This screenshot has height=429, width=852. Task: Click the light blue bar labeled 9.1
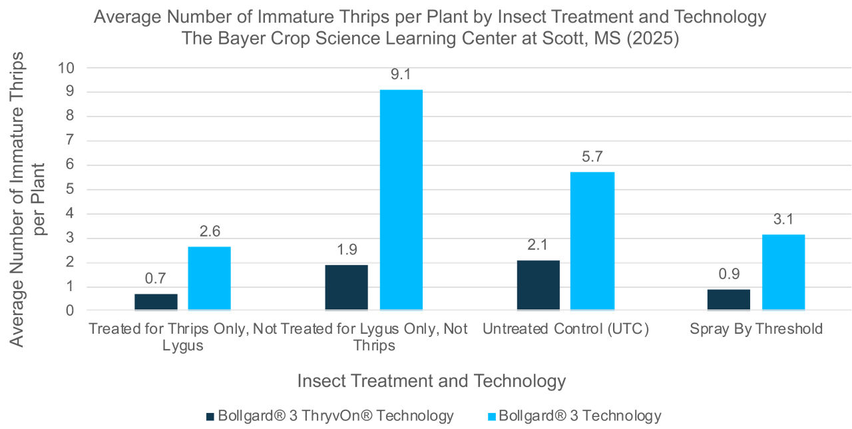pyautogui.click(x=401, y=200)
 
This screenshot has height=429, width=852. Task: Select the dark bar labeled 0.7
pyautogui.click(x=156, y=302)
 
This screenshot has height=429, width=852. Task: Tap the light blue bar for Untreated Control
pyautogui.click(x=592, y=241)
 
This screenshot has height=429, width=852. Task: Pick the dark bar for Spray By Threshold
pyautogui.click(x=728, y=300)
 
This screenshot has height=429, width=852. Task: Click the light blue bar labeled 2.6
pyautogui.click(x=209, y=278)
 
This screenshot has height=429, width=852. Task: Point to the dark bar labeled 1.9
pyautogui.click(x=346, y=287)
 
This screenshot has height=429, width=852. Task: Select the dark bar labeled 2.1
pyautogui.click(x=538, y=285)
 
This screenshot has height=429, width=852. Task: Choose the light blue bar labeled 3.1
pyautogui.click(x=783, y=272)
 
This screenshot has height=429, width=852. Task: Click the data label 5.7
pyautogui.click(x=592, y=157)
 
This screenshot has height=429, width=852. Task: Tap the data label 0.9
pyautogui.click(x=728, y=274)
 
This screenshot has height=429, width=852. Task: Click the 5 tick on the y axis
pyautogui.click(x=69, y=189)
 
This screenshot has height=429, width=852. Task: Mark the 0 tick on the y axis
pyautogui.click(x=69, y=311)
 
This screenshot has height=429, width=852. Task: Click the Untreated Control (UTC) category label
pyautogui.click(x=565, y=329)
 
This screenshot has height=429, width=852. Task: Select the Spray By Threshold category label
pyautogui.click(x=756, y=329)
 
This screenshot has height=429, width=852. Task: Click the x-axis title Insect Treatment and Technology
pyautogui.click(x=431, y=381)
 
